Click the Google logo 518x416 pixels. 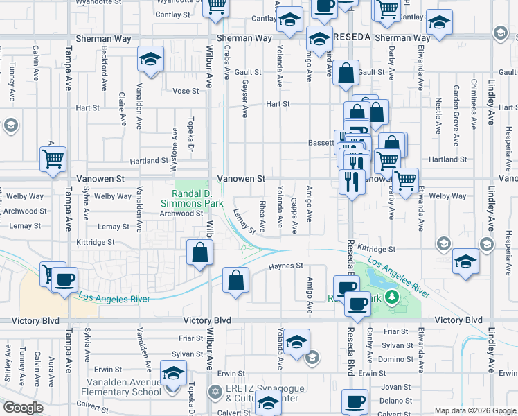pyautogui.click(x=23, y=408)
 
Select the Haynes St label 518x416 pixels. pyautogui.click(x=286, y=266)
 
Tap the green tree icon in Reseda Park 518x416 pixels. pyautogui.click(x=392, y=297)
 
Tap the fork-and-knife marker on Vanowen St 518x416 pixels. pyautogui.click(x=352, y=182)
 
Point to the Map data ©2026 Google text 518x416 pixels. pyautogui.click(x=475, y=410)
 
